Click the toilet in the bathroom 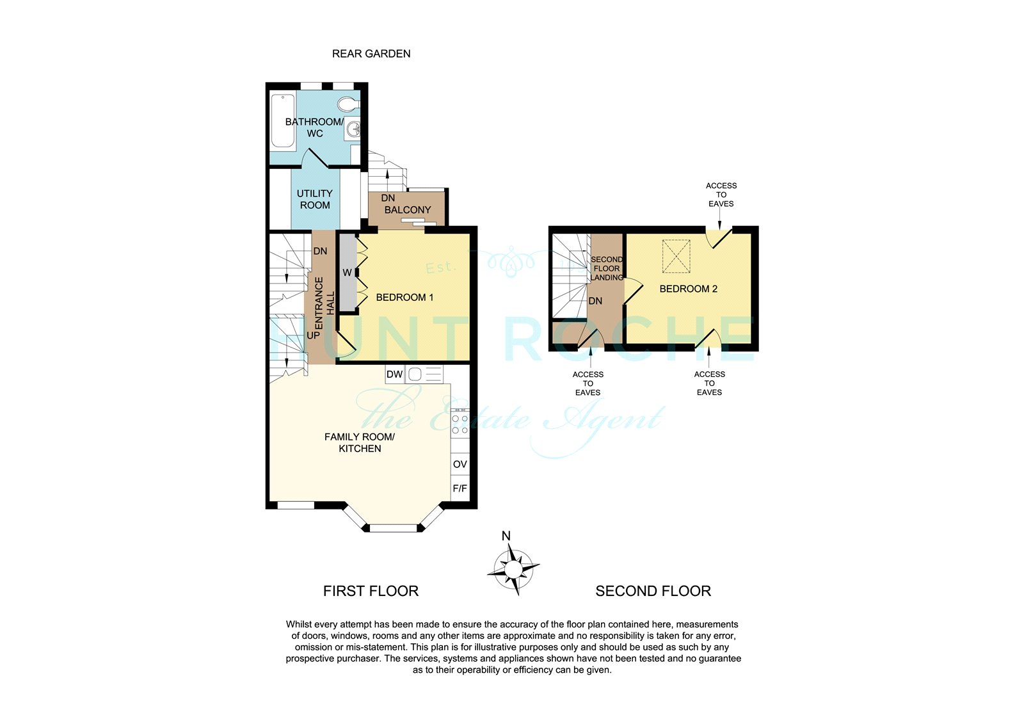[349, 105]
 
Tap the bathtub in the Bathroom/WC [282, 121]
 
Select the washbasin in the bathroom [353, 128]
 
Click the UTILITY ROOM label [315, 200]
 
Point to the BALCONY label [408, 210]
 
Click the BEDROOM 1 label [404, 298]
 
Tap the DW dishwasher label [394, 374]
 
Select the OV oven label [460, 464]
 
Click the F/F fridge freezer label [460, 488]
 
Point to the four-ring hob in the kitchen [460, 424]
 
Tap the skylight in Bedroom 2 [676, 257]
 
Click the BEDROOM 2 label [689, 289]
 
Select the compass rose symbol [513, 570]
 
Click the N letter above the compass [506, 536]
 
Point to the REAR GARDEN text [371, 54]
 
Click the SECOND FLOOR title [653, 591]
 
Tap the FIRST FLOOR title [371, 591]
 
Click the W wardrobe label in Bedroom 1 [348, 273]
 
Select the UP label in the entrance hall [313, 335]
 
